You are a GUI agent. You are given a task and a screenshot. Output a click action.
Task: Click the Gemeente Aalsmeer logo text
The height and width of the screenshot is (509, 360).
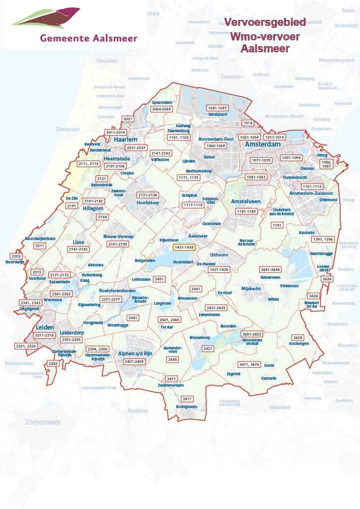89,37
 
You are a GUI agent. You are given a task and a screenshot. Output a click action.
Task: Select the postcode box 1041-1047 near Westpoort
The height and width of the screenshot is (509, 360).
217,108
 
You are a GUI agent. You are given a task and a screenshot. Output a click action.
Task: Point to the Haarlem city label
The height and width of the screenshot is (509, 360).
125,140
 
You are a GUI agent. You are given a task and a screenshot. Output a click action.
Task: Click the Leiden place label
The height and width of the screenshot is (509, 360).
45,328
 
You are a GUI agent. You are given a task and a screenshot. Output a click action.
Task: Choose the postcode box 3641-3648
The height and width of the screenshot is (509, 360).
270,269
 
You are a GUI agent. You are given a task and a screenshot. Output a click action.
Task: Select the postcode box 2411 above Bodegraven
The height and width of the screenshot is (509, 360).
187,399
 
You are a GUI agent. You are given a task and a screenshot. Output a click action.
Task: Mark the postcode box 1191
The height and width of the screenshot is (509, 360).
277,225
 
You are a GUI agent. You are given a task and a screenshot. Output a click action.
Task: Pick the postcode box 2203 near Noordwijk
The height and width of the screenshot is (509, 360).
16,256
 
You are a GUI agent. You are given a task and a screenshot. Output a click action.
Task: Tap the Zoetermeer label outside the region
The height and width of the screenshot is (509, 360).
42,422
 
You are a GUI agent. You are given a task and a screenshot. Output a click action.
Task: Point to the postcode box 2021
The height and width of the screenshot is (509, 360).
128,119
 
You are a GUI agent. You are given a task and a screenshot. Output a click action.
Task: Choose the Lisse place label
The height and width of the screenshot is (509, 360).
79,242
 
